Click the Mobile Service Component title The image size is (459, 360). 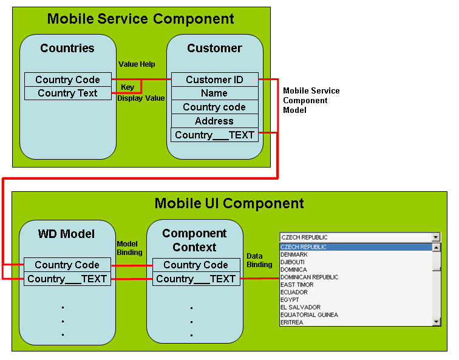point(140,19)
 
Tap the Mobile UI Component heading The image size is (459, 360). point(229,203)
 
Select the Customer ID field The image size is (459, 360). point(214,80)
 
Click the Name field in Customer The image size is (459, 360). point(214,93)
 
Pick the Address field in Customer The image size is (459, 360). point(214,121)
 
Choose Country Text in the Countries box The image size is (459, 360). point(67,93)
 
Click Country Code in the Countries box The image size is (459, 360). point(67,80)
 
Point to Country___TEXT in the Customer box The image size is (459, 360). point(214,135)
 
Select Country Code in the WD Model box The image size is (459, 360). point(67,265)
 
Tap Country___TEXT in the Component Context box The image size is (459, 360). point(195,279)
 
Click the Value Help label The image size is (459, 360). point(136,64)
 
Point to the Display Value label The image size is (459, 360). point(141,98)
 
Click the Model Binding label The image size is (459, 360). point(129,248)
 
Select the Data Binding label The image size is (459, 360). point(259,260)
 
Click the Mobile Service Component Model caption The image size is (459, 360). point(311,100)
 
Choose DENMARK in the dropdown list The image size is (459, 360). point(294,255)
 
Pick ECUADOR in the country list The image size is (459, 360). point(294,293)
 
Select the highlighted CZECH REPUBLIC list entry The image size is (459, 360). point(304,247)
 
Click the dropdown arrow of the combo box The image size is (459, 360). point(436,237)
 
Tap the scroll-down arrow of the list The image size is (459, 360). point(436,322)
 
